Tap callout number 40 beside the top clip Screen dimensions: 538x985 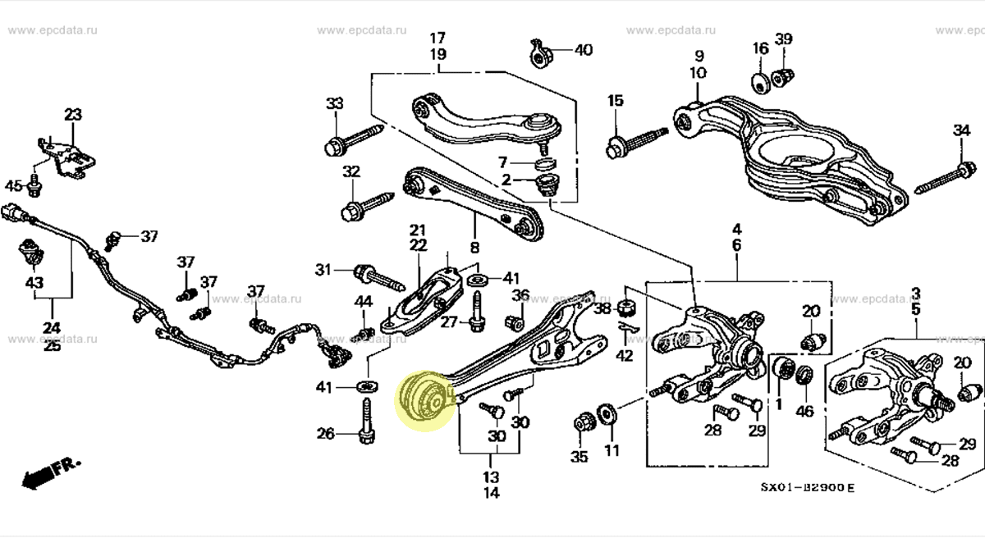[583, 50]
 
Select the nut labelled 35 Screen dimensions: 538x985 [584, 422]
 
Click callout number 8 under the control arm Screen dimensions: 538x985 [474, 247]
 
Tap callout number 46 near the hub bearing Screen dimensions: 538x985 [804, 411]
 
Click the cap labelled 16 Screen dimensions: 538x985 [760, 82]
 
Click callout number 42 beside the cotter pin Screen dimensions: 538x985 [625, 357]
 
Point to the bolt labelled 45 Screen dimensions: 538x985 [34, 188]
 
